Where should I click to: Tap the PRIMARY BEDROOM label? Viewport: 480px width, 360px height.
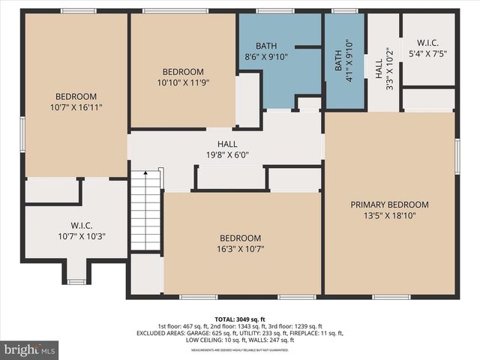pyautogui.click(x=389, y=205)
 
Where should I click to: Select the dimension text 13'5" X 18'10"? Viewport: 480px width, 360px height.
pyautogui.click(x=389, y=217)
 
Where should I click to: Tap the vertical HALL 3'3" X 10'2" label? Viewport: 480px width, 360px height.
pyautogui.click(x=382, y=69)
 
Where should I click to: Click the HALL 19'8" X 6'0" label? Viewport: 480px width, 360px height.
pyautogui.click(x=226, y=149)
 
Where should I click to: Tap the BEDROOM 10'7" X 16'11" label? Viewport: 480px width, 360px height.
pyautogui.click(x=76, y=101)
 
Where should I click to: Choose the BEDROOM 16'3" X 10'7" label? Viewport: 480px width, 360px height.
pyautogui.click(x=240, y=243)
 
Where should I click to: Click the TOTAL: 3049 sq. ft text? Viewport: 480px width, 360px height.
pyautogui.click(x=240, y=319)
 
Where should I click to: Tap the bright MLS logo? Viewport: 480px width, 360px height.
pyautogui.click(x=30, y=349)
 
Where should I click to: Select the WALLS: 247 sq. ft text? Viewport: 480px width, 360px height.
pyautogui.click(x=274, y=340)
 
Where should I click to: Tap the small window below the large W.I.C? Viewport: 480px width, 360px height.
pyautogui.click(x=76, y=282)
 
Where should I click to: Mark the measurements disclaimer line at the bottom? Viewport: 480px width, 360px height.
pyautogui.click(x=240, y=350)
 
